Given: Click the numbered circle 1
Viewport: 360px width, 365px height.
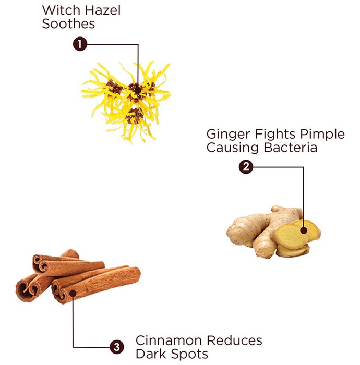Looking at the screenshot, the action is [80, 44].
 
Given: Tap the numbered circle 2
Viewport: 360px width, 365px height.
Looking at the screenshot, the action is [246, 167].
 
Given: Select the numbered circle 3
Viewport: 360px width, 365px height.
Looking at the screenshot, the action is [117, 347].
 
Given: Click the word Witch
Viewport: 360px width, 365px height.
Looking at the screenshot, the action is [62, 10].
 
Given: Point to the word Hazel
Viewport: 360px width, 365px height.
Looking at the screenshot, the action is [102, 10].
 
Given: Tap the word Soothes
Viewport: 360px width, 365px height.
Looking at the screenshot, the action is [68, 24].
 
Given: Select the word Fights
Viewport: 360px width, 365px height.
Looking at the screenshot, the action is [275, 135].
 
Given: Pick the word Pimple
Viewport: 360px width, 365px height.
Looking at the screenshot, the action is [322, 135].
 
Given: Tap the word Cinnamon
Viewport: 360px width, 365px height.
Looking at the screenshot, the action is [169, 340].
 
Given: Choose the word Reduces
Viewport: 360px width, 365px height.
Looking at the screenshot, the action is [234, 340].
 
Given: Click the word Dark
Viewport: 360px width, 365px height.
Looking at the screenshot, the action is [151, 354].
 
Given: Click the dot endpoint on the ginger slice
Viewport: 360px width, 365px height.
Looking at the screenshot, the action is [304, 230].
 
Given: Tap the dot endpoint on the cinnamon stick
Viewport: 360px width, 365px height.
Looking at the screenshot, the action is [73, 293].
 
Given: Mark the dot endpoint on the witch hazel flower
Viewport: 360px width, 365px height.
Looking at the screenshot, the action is [138, 90].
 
